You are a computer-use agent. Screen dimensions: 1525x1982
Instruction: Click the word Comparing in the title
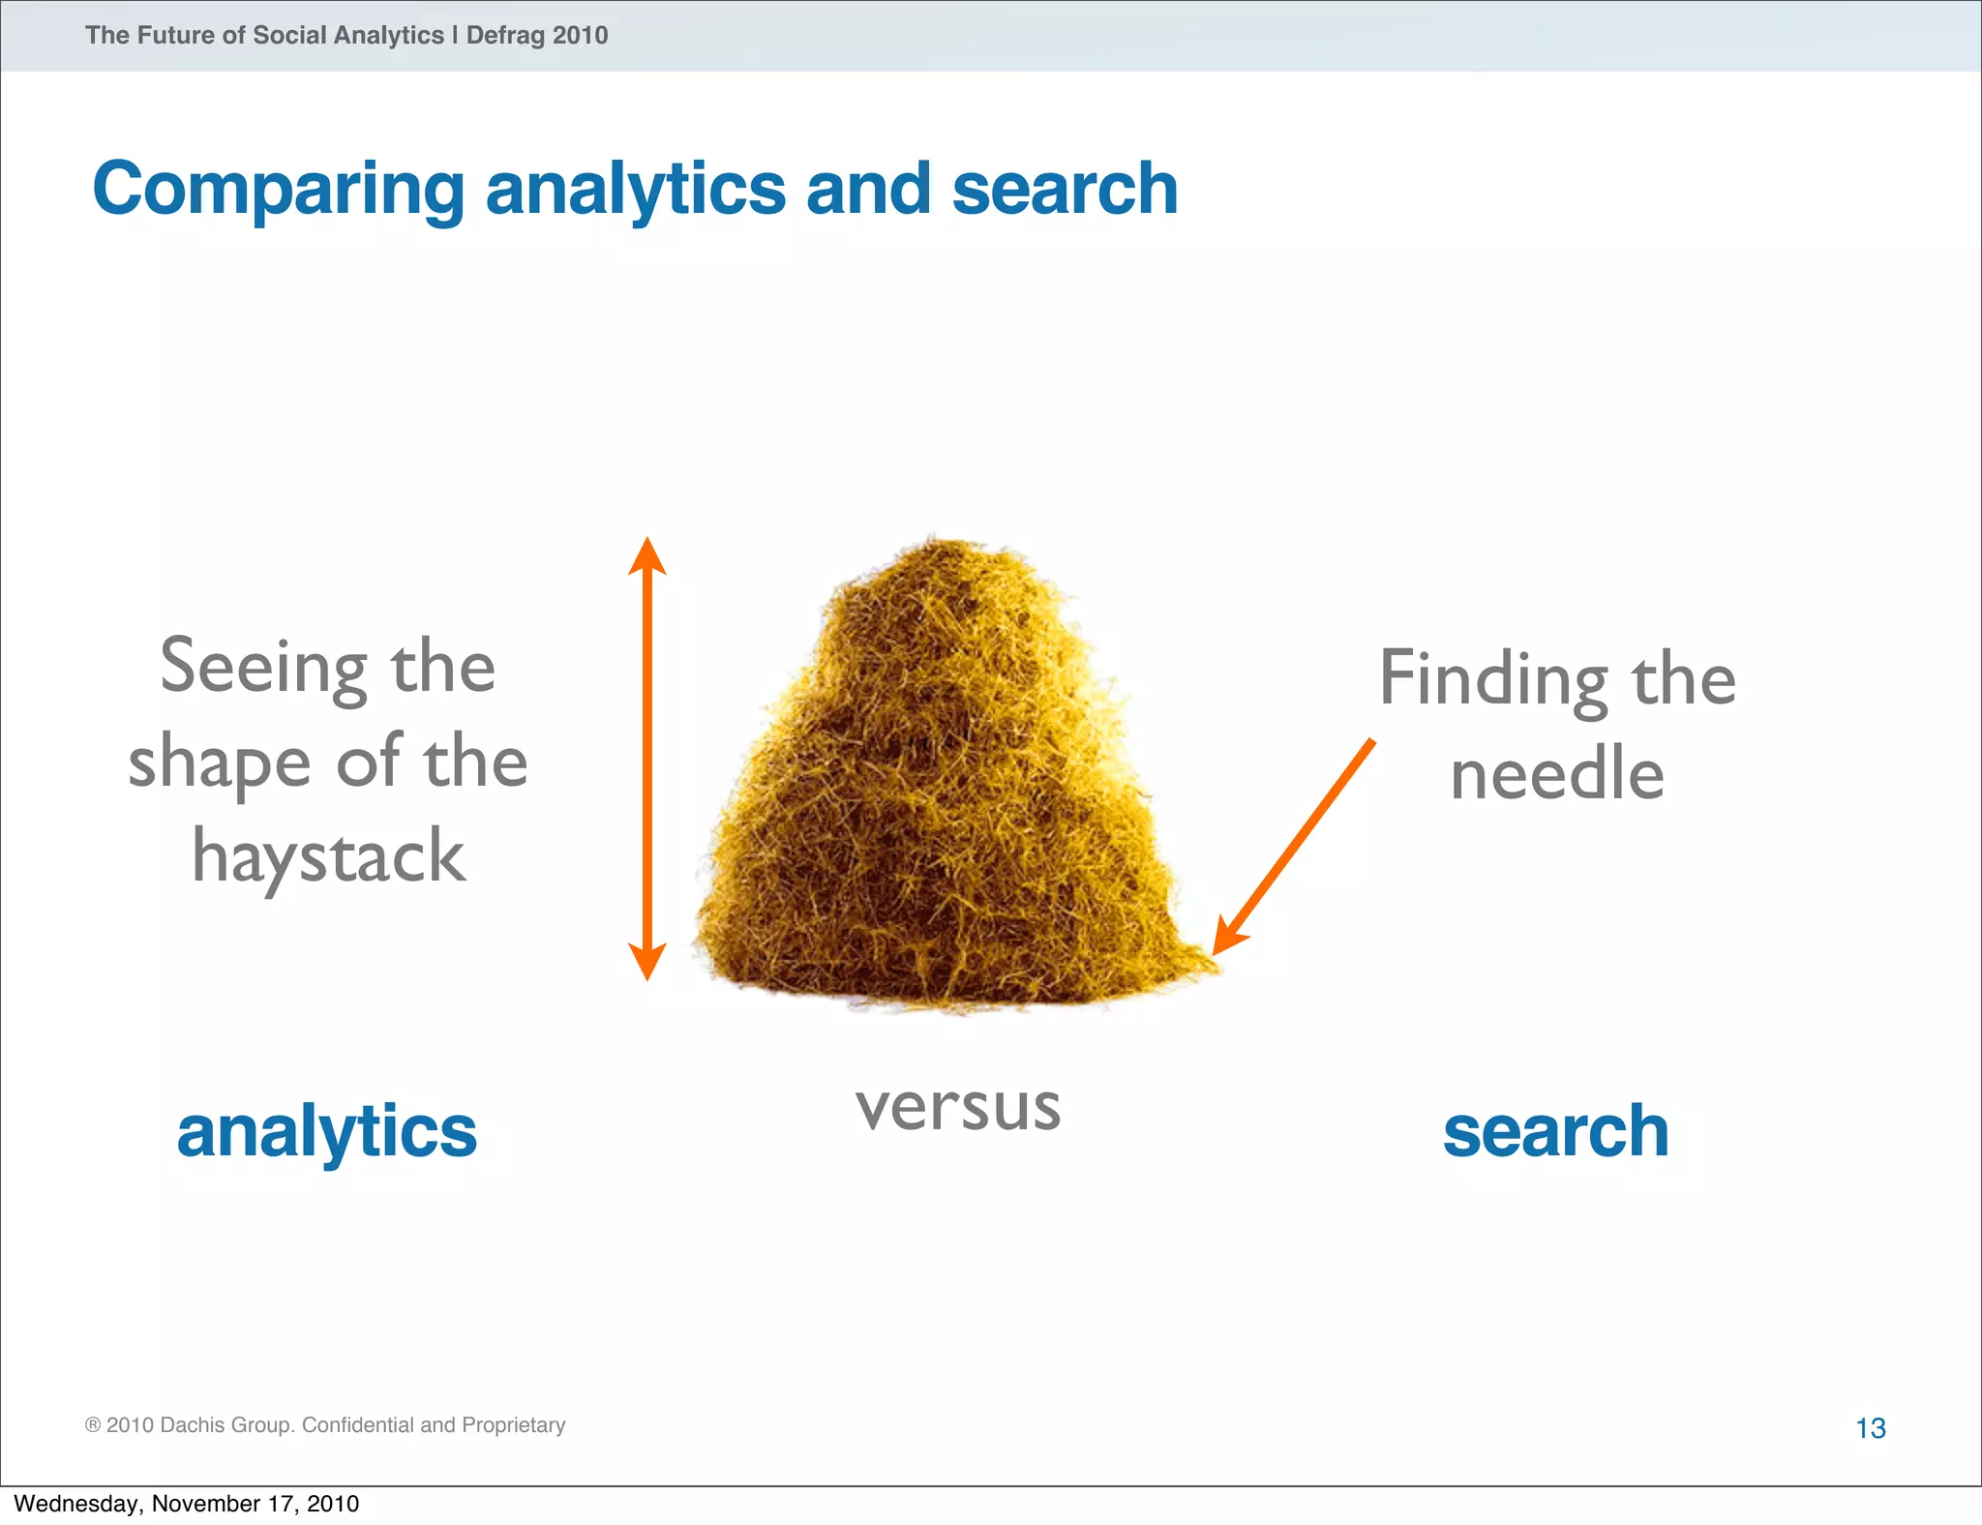point(279,190)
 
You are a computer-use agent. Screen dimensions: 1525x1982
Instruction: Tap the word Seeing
point(263,668)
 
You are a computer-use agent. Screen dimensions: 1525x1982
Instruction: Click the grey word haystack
point(328,857)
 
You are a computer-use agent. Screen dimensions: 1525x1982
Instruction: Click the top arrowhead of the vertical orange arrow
point(647,555)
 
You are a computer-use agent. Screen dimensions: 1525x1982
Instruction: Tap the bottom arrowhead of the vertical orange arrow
point(647,962)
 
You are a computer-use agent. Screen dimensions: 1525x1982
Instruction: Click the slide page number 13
point(1870,1427)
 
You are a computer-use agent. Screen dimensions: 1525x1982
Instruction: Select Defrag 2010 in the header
point(536,36)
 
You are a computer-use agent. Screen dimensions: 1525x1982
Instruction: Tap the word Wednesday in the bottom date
point(75,1504)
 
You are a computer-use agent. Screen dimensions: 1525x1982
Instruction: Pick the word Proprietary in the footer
point(513,1424)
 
